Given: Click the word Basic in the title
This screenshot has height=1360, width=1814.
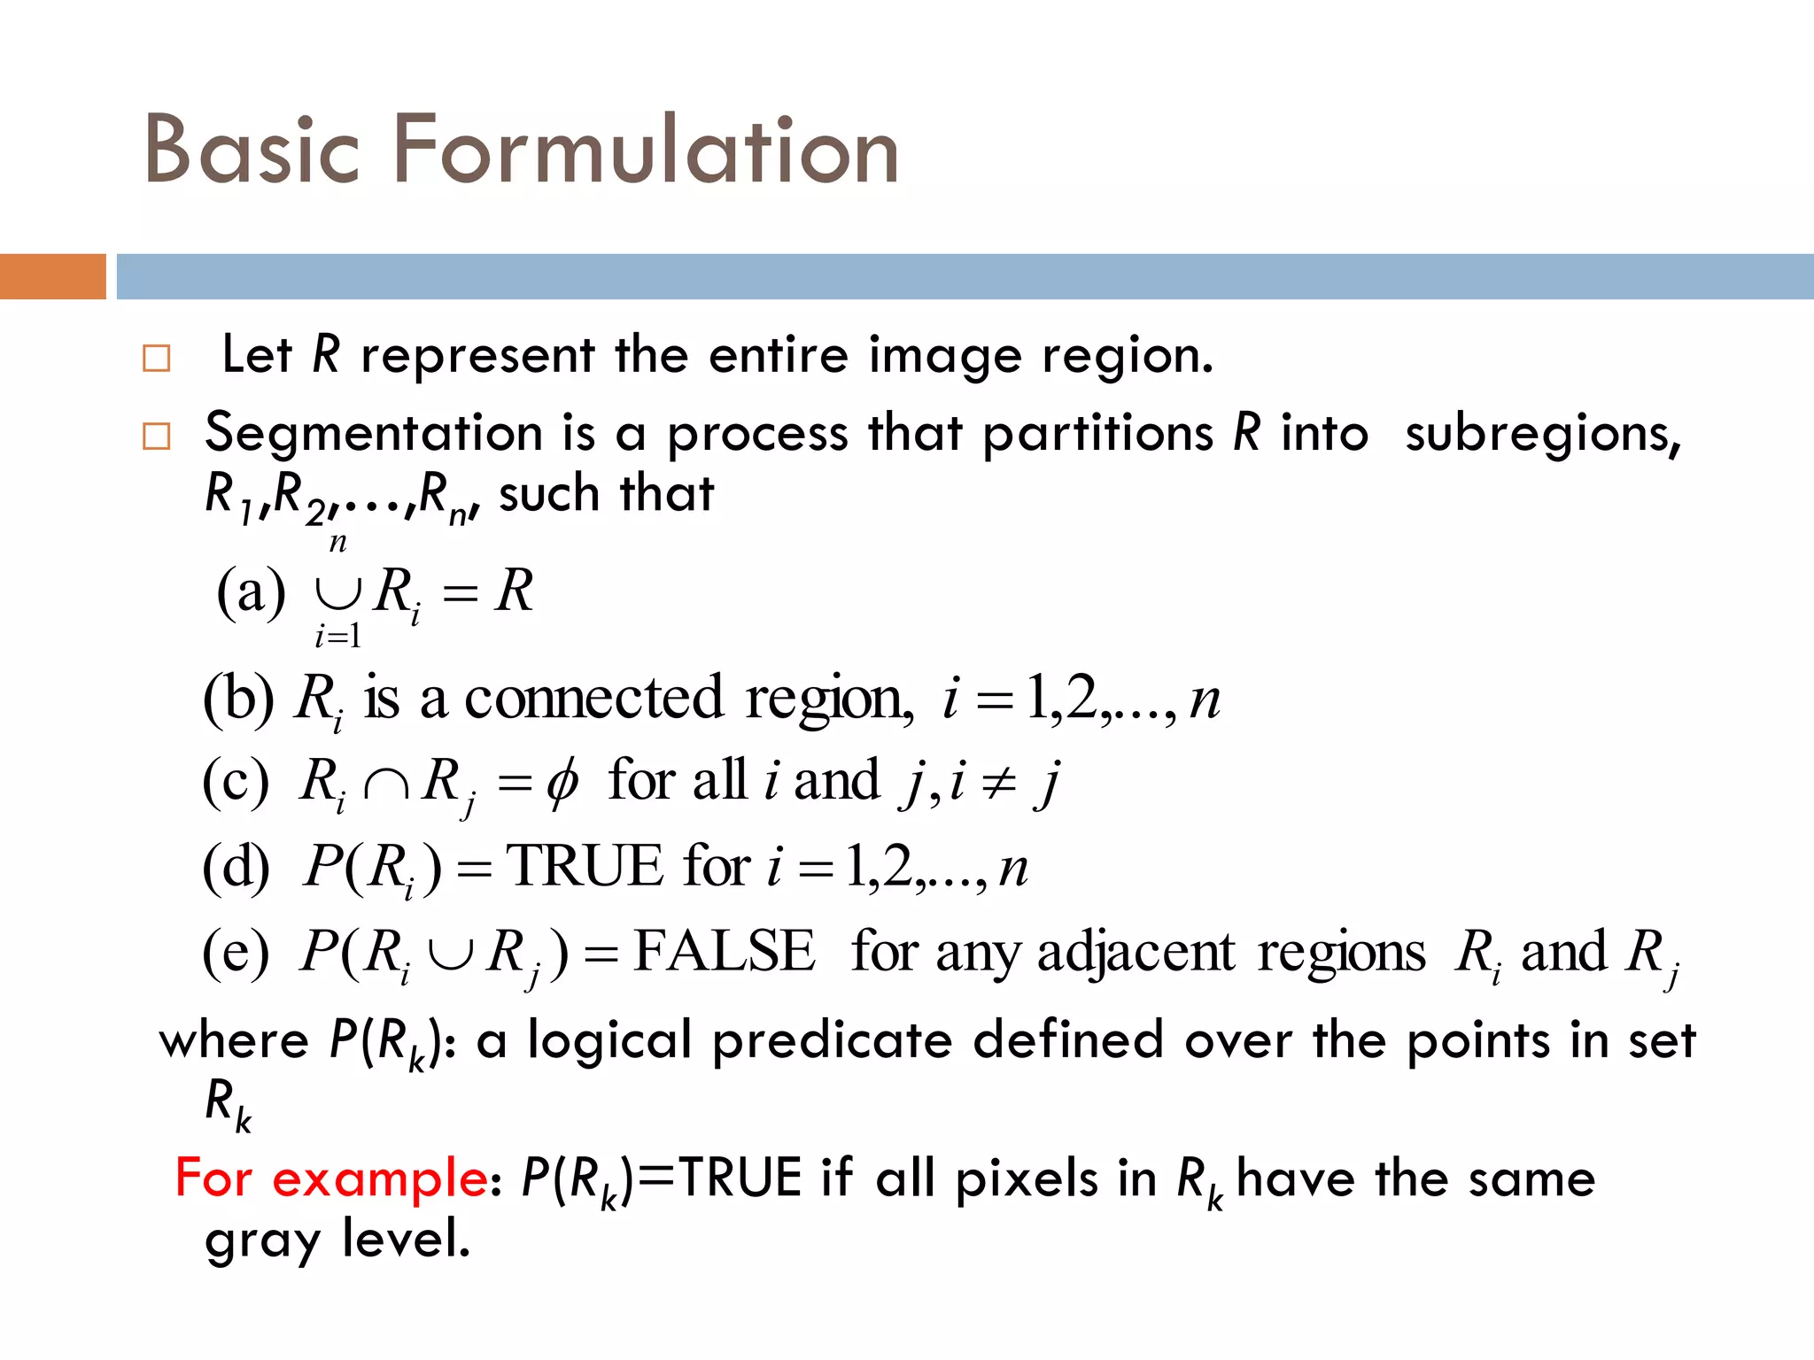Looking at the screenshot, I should click(x=252, y=151).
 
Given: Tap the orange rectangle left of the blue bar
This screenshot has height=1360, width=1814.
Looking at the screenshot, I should click(x=52, y=276).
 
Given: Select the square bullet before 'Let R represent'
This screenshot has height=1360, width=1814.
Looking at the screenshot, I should click(x=157, y=359).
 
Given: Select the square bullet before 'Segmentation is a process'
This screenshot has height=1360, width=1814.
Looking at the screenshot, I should click(x=157, y=436).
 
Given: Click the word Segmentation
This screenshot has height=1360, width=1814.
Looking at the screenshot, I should click(x=373, y=434).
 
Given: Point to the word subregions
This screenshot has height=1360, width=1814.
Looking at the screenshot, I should click(x=1541, y=434).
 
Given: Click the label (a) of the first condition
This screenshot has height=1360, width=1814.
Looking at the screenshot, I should click(x=251, y=592).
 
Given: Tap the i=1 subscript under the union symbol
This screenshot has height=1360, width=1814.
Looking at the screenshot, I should click(x=337, y=636).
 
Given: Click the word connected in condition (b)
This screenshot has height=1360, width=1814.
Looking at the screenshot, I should click(x=593, y=699).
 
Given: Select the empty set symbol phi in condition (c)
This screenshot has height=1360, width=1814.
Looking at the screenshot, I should click(x=562, y=783).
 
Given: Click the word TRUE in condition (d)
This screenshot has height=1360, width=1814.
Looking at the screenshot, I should click(x=585, y=866).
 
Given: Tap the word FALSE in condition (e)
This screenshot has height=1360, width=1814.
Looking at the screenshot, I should click(x=724, y=952).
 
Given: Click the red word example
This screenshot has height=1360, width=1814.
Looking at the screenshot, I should click(x=379, y=1179).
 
